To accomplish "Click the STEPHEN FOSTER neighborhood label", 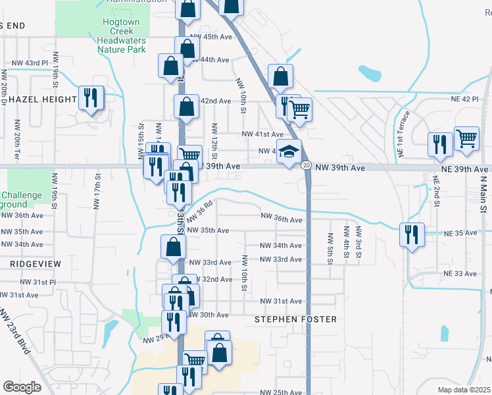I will click(x=295, y=319).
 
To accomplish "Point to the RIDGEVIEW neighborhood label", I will click(x=35, y=263).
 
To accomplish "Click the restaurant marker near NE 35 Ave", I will click(x=411, y=234).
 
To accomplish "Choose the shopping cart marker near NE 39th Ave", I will click(x=466, y=140).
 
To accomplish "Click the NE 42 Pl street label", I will click(x=464, y=98).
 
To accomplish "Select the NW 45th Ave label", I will click(x=209, y=37).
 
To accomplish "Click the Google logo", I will click(x=22, y=386).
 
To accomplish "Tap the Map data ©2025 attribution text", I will click(x=463, y=390).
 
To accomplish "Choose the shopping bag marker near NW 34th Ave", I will click(x=173, y=248).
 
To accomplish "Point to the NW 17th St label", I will click(x=97, y=191).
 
